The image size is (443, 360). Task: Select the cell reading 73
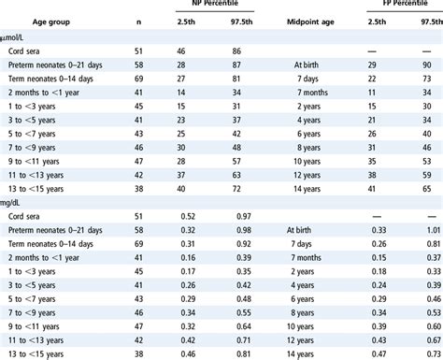pyautogui.click(x=433, y=81)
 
